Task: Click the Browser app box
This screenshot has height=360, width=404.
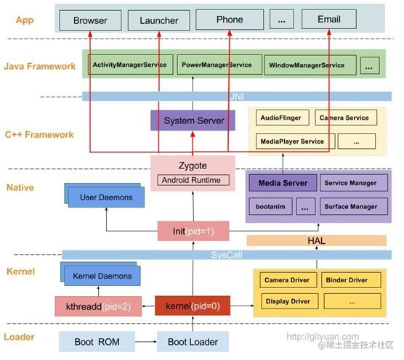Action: coord(89,21)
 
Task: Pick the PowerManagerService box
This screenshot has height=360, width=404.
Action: coord(215,65)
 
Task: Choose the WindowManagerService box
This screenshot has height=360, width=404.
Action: coord(306,65)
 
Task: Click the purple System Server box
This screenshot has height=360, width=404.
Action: coord(193,120)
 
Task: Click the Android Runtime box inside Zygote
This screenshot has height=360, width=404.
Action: coord(193,180)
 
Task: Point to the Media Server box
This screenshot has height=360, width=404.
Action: coord(282,183)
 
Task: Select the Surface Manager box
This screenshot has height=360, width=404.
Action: coord(350,207)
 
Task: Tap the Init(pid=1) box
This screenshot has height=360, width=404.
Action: coord(193,232)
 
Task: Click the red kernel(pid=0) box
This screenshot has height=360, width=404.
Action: coord(193,306)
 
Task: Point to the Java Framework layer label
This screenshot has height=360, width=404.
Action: coord(39,66)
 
